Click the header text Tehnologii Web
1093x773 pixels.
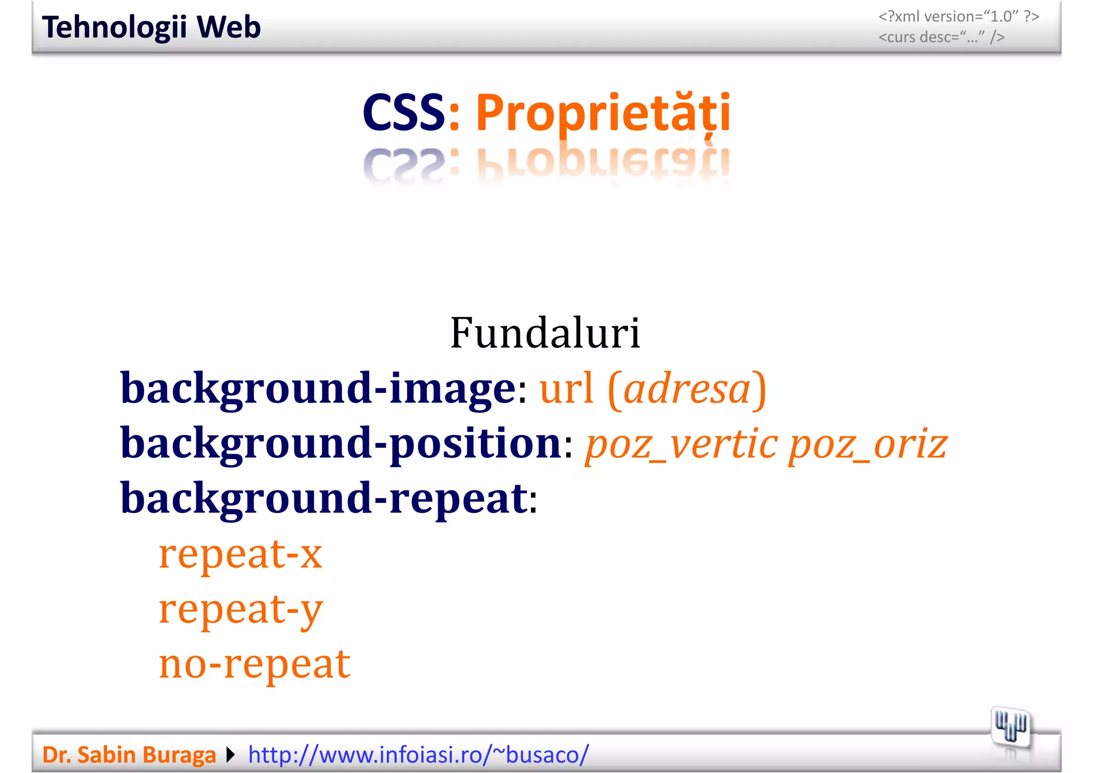click(x=151, y=27)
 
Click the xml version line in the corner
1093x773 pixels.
click(x=959, y=17)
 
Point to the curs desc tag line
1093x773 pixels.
click(x=941, y=37)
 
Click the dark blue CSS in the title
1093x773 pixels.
click(x=403, y=113)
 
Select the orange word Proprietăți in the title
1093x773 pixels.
click(x=603, y=113)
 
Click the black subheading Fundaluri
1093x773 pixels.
click(x=545, y=333)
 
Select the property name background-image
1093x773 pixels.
click(x=318, y=388)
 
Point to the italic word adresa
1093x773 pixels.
click(x=687, y=389)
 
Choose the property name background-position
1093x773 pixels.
click(x=340, y=444)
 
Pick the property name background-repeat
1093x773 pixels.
click(x=324, y=499)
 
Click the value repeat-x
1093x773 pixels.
click(x=241, y=554)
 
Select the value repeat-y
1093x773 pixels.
click(x=241, y=609)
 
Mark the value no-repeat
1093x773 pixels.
click(x=255, y=664)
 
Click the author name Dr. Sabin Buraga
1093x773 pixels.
click(x=129, y=755)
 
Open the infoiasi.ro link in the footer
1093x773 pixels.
click(x=418, y=755)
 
